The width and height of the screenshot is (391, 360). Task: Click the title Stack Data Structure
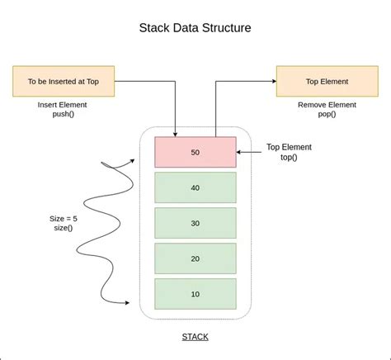tap(195, 27)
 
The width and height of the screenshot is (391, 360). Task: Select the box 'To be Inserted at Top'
tap(63, 82)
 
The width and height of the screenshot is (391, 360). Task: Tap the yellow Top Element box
tap(327, 82)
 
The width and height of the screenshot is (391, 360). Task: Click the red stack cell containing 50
tap(195, 152)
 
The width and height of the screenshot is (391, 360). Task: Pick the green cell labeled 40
tap(195, 187)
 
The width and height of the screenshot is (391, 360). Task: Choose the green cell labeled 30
tap(195, 223)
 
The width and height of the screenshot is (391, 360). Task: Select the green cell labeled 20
tap(195, 258)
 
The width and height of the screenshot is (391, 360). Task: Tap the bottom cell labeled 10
tap(195, 294)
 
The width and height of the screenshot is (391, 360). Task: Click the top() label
tap(288, 159)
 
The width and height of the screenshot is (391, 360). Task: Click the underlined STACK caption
tap(195, 337)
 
